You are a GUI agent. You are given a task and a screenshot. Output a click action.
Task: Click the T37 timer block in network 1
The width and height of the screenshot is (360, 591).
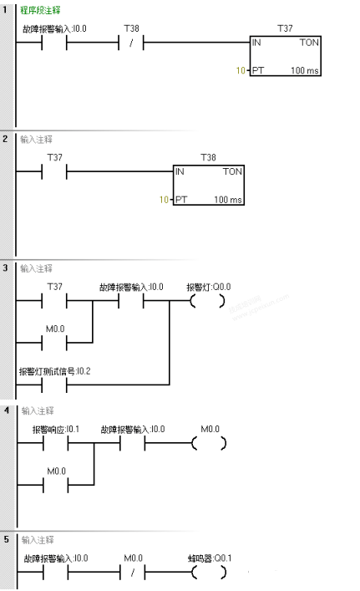click(284, 56)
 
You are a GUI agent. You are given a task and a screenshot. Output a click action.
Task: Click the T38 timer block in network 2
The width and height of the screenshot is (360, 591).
click(209, 185)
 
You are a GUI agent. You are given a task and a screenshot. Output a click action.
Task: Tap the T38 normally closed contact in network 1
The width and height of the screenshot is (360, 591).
click(131, 42)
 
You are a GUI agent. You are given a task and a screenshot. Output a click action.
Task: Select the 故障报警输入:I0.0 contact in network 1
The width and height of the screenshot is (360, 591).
click(53, 42)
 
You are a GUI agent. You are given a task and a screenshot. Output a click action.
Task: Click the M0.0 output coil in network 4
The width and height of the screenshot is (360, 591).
click(209, 443)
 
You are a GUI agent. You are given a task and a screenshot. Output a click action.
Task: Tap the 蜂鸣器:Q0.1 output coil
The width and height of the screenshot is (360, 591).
click(209, 573)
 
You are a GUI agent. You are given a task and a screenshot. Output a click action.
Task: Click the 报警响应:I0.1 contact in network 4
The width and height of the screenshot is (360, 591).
click(53, 443)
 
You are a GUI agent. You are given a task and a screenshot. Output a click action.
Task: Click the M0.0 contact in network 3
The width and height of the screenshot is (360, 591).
click(53, 342)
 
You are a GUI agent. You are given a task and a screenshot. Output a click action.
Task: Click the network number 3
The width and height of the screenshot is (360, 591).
click(7, 269)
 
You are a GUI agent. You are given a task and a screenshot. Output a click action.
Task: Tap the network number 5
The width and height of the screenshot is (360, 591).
click(7, 541)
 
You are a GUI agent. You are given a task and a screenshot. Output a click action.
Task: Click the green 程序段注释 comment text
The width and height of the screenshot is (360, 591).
click(39, 10)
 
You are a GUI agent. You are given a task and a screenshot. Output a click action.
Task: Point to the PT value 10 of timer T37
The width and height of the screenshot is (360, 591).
click(240, 71)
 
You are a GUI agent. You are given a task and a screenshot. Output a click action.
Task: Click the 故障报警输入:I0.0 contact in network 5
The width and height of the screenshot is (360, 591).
click(53, 573)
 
